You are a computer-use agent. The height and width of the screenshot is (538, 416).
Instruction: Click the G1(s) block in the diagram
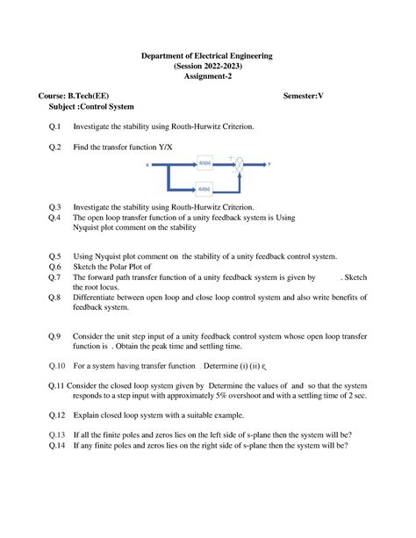tap(204, 163)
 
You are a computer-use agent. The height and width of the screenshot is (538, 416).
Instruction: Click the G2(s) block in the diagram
tap(204, 188)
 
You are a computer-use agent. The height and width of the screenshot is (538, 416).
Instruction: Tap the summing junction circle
tap(237, 164)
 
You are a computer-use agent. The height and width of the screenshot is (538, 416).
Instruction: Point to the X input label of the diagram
tap(147, 164)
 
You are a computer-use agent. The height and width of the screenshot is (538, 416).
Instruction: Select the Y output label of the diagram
tap(269, 164)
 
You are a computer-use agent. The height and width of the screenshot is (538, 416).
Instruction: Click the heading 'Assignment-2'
tap(207, 77)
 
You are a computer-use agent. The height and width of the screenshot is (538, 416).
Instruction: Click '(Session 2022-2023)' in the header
tap(207, 67)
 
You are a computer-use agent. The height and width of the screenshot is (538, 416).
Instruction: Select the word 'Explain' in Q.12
tap(88, 413)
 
